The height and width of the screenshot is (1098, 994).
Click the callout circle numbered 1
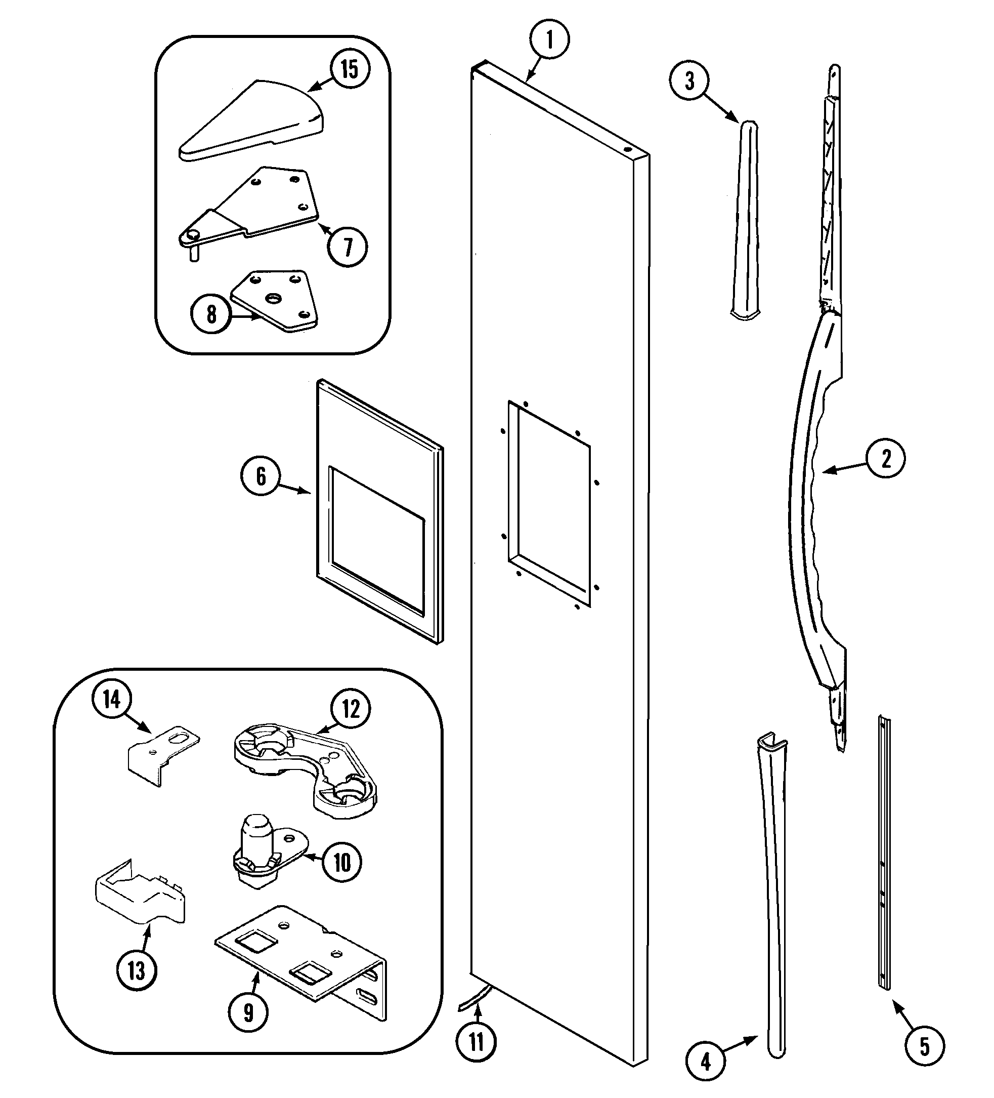tap(549, 40)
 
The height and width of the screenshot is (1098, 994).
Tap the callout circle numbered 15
tap(350, 69)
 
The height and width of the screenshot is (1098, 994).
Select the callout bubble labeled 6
tap(261, 476)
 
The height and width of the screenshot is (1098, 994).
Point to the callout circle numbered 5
tap(924, 1046)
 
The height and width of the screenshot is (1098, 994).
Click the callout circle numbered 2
tap(885, 459)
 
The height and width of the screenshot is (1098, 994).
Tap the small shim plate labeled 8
tap(275, 301)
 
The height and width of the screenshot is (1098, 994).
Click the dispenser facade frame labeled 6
tap(379, 512)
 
